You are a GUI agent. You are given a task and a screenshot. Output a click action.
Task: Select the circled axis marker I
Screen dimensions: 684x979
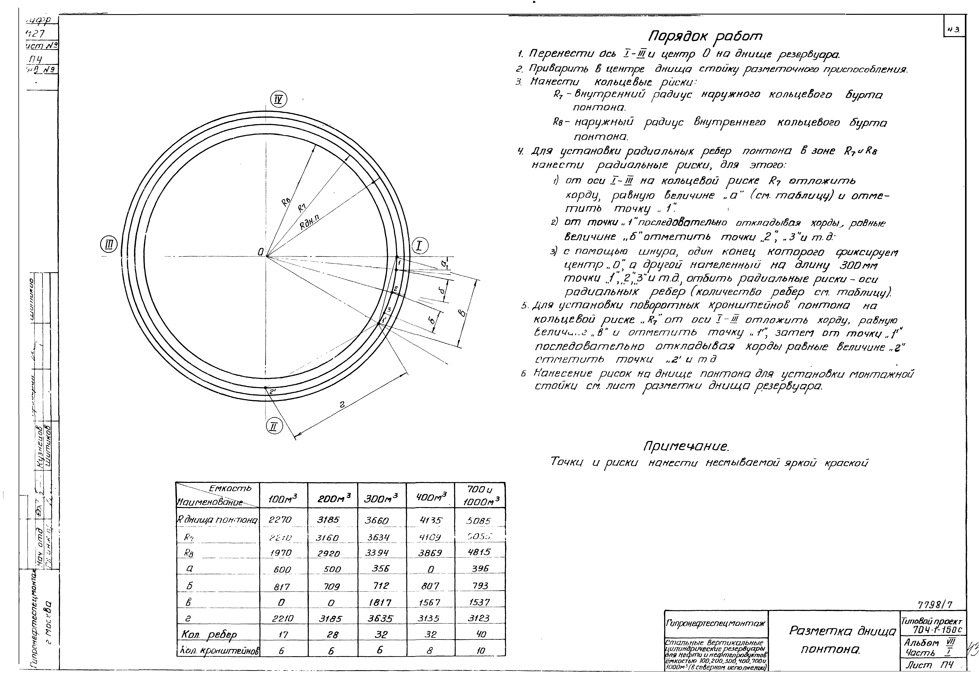420,246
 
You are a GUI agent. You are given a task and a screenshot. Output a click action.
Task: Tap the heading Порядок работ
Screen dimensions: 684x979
705,36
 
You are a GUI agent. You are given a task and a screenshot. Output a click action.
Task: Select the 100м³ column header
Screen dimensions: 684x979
283,498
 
